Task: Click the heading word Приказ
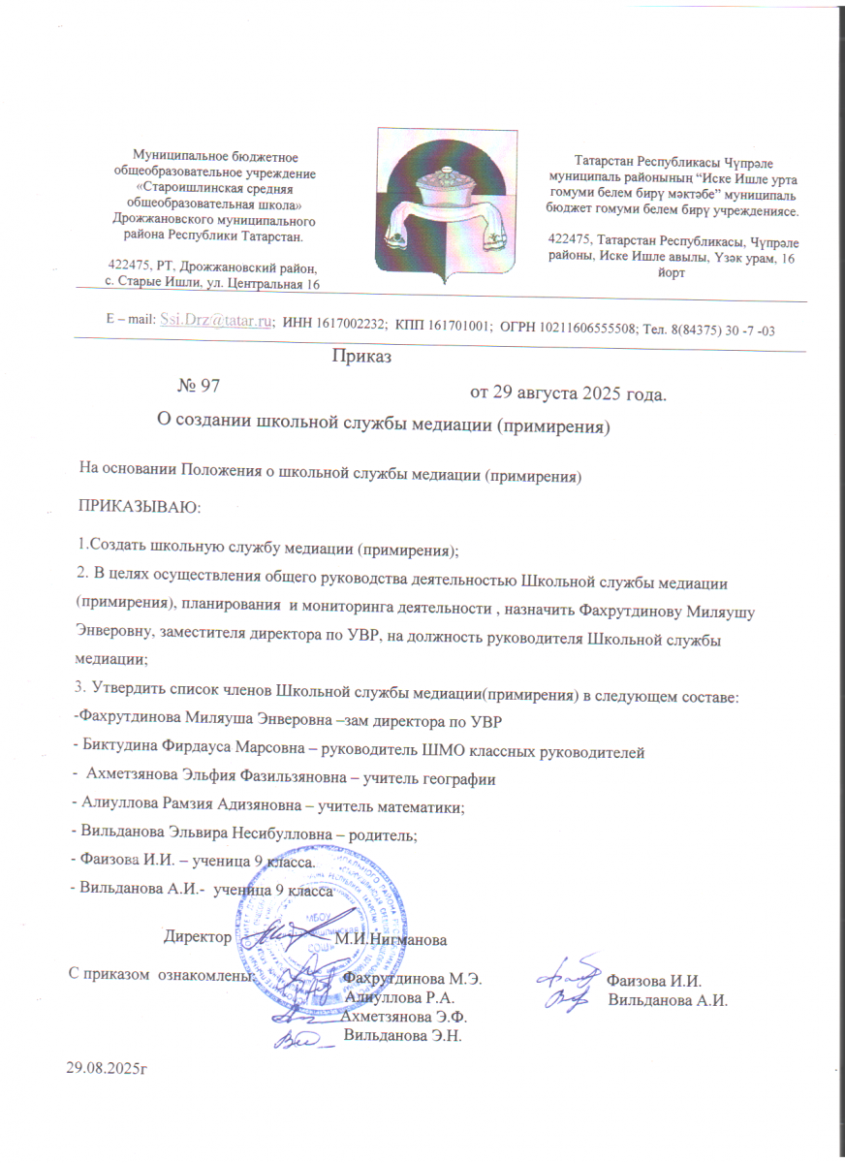coord(361,358)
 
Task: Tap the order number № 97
coord(201,385)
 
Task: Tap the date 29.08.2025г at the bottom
coord(109,1067)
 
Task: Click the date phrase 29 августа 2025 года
coord(569,393)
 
